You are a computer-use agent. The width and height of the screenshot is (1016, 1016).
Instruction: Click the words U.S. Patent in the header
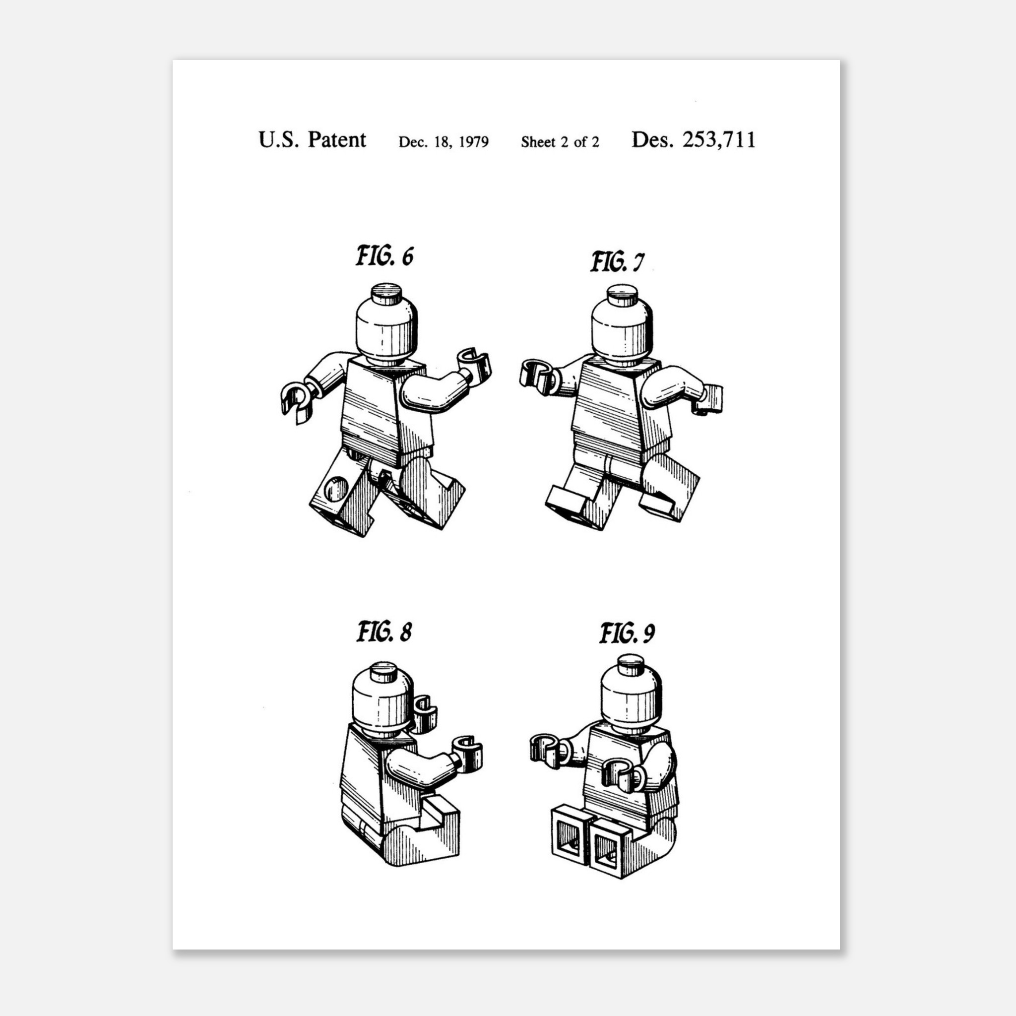coord(312,140)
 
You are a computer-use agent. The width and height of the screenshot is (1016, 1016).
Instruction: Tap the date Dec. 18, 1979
coord(444,142)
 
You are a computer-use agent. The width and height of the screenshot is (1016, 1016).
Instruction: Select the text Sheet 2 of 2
coord(560,142)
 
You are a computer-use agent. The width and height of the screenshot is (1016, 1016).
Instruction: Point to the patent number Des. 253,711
coord(693,140)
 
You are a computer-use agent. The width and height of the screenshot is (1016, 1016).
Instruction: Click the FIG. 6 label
coord(384,256)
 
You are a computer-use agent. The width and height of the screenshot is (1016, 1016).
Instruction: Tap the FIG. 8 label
coord(384,631)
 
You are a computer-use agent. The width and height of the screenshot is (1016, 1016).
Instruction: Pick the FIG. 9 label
coord(628,633)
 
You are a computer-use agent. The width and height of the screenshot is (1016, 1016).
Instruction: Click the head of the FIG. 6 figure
coord(386,327)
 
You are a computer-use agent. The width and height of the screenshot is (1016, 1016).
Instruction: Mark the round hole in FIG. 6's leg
coord(335,489)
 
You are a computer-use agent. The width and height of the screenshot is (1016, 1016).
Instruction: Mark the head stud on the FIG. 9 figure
coord(631,663)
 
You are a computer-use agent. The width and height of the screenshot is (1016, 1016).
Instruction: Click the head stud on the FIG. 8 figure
coord(383,672)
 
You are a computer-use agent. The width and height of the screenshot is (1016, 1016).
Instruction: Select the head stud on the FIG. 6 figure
coord(386,292)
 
